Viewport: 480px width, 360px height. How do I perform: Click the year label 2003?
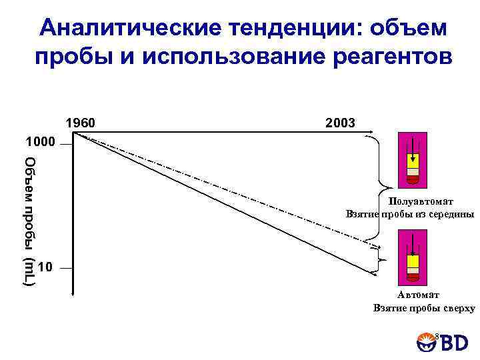(x=339, y=123)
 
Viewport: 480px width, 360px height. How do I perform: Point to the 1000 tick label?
(x=37, y=142)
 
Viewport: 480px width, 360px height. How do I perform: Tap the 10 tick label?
(x=45, y=268)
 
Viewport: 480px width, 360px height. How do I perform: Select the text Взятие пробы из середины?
(x=410, y=214)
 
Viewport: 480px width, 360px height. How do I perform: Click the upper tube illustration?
(x=413, y=159)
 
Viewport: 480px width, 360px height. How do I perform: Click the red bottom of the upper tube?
(x=413, y=179)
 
